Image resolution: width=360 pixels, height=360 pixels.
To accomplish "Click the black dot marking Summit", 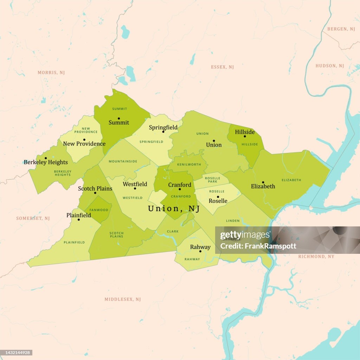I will [x=119, y=118].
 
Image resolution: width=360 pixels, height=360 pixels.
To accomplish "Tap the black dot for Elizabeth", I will [x=263, y=182].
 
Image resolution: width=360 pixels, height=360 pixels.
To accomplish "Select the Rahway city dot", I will [x=200, y=251].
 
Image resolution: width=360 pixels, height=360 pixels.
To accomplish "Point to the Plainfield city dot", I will [x=79, y=220].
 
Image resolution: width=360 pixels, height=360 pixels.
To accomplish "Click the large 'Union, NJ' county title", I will [x=174, y=208].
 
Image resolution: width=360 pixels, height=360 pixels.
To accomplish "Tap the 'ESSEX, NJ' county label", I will [x=222, y=67].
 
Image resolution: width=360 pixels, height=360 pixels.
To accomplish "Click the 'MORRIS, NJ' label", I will [x=51, y=72].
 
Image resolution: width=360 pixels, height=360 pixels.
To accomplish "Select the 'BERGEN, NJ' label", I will [x=341, y=29].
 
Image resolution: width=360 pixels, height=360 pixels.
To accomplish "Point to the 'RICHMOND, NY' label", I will [x=316, y=257].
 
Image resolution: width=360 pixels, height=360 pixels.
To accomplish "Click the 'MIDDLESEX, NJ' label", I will [x=123, y=299].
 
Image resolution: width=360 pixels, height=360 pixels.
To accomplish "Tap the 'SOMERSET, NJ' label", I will [x=33, y=218].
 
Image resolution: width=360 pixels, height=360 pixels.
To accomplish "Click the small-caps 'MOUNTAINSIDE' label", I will [x=123, y=161].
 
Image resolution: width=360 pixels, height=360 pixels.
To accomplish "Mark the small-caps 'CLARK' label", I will [x=173, y=231].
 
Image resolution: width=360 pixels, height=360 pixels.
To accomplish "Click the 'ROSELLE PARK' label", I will [x=212, y=180].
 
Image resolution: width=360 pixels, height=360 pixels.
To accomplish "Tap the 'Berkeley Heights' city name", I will [x=46, y=162].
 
